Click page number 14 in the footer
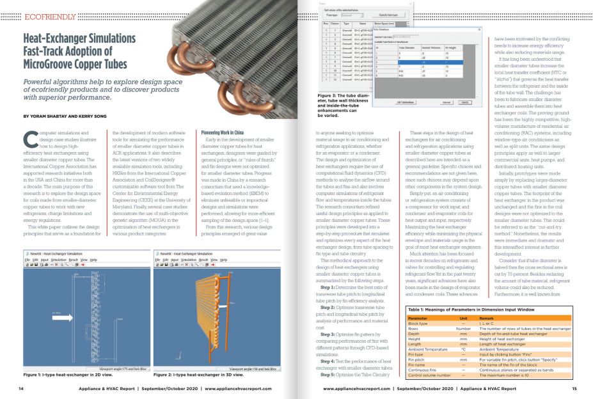(x=20, y=389)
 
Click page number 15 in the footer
(x=574, y=389)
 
